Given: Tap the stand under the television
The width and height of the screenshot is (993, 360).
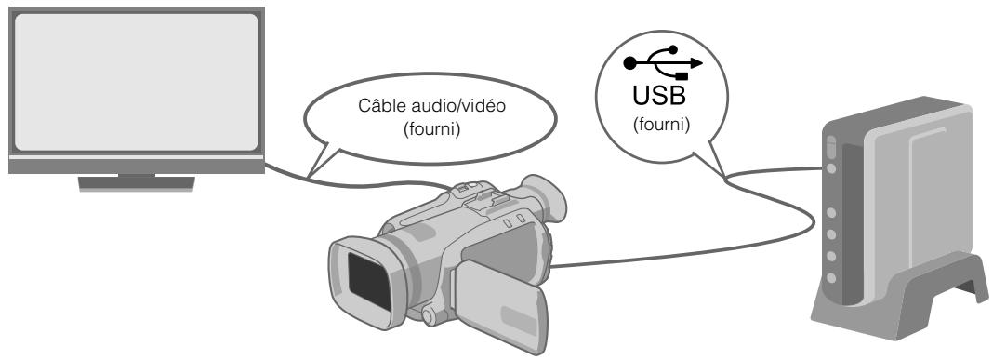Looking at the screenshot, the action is click(x=126, y=180).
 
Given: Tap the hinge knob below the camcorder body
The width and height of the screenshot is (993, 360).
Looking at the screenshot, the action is click(x=430, y=316).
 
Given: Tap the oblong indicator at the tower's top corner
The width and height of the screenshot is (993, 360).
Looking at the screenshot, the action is click(x=830, y=147).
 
